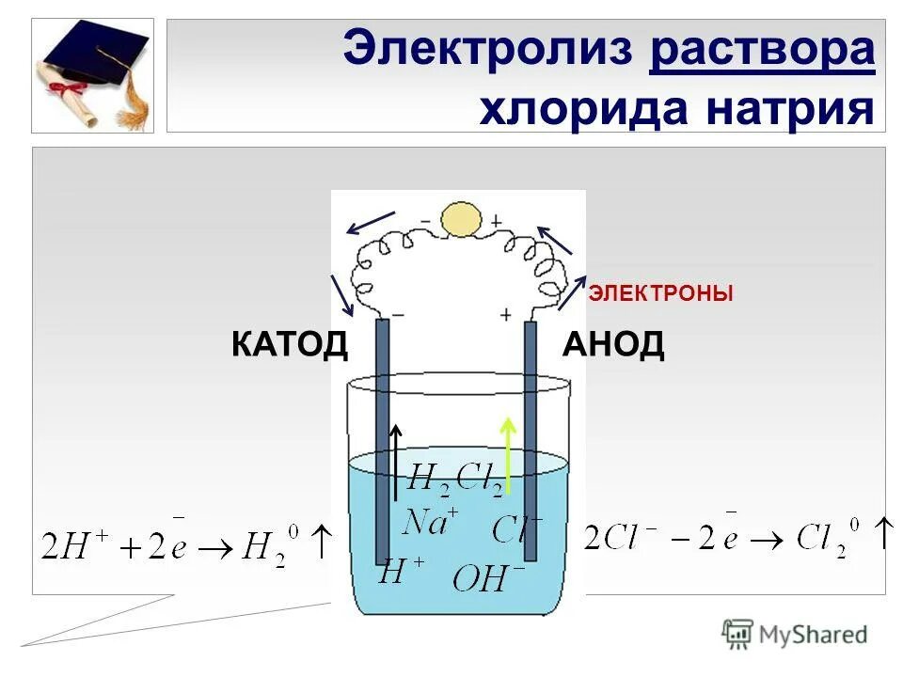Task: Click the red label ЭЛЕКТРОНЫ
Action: pos(660,294)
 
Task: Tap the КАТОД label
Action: pos(289,345)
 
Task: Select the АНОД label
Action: pos(613,345)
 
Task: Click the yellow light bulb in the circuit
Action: pos(461,220)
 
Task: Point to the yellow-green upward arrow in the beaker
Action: pos(508,456)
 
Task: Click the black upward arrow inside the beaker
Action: pos(397,461)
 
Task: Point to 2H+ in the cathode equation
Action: pos(71,544)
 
